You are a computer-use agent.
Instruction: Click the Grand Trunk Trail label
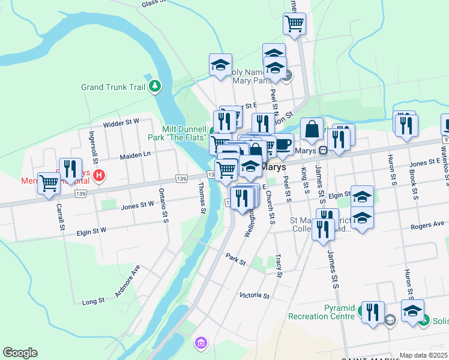[113, 87]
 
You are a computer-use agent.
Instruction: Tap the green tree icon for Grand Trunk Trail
[155, 86]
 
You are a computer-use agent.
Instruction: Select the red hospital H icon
[100, 176]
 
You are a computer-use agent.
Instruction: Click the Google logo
[20, 353]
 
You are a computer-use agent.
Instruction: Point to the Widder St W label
[121, 121]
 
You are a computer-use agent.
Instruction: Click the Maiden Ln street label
[135, 155]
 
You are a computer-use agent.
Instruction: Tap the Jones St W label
[137, 206]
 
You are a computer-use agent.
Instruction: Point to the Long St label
[93, 300]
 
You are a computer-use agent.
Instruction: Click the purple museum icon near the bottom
[200, 343]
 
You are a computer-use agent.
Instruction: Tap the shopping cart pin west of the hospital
[49, 184]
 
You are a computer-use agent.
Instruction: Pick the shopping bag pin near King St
[312, 129]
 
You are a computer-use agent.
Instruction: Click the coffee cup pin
[283, 144]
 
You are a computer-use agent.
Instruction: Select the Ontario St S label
[164, 206]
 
